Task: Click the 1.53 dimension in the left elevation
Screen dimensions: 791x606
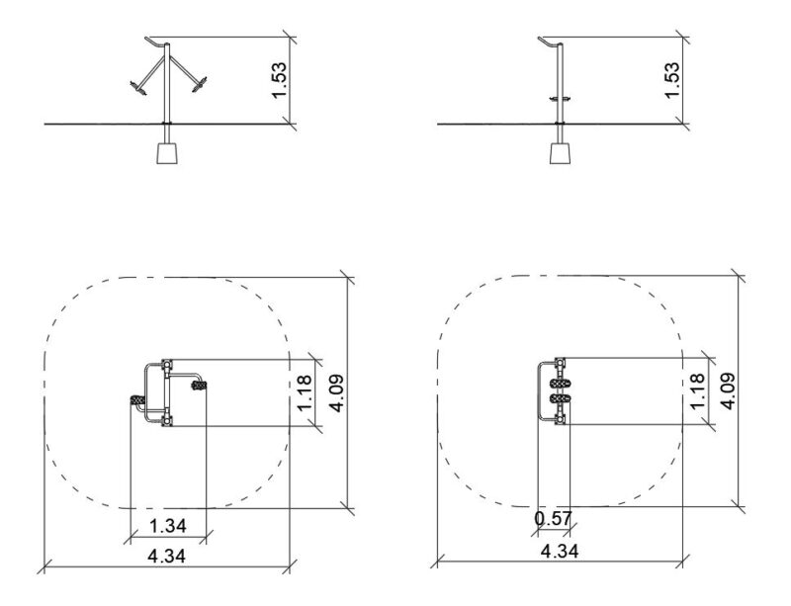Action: click(x=279, y=81)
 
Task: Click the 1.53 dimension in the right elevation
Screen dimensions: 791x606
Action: click(x=671, y=81)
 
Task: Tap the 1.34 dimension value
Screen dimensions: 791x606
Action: click(x=168, y=526)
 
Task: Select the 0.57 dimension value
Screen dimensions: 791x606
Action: click(x=554, y=519)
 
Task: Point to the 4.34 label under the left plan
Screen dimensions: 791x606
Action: click(x=166, y=556)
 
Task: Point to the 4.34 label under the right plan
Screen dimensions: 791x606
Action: click(x=560, y=551)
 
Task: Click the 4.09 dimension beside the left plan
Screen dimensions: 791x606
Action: click(x=336, y=393)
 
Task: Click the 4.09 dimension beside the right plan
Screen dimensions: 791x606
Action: click(x=728, y=391)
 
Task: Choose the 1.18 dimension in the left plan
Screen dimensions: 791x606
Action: click(x=306, y=393)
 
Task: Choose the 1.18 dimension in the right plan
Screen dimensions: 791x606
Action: click(x=697, y=391)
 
